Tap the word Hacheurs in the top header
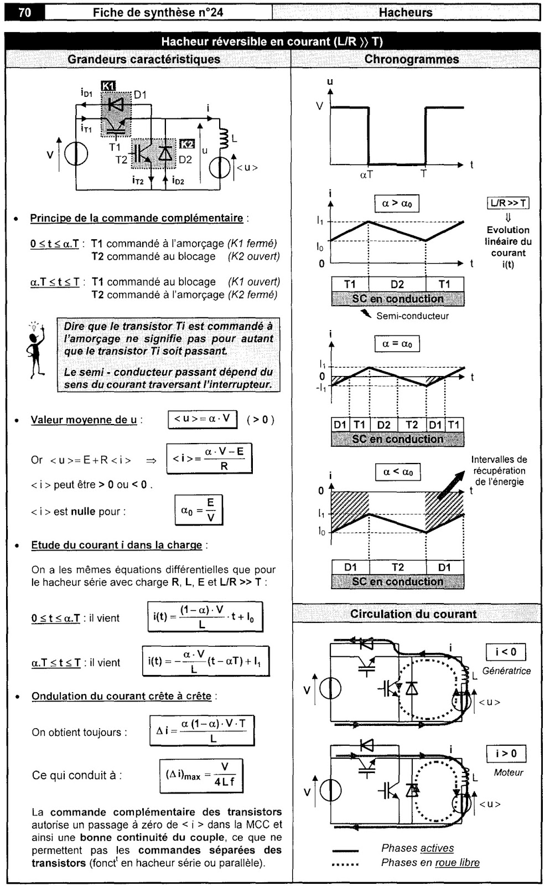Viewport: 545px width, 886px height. (406, 13)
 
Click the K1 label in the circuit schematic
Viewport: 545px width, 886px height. (108, 85)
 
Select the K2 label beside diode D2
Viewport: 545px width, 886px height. (187, 144)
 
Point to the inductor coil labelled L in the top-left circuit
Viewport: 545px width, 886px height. (224, 138)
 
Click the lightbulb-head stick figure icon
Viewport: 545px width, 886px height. (36, 349)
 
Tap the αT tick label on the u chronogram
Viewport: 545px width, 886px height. (366, 174)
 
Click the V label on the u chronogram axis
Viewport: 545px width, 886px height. (319, 106)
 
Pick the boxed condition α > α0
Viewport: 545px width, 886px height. (397, 203)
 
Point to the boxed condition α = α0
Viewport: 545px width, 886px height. (397, 343)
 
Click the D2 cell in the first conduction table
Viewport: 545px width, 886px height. (397, 284)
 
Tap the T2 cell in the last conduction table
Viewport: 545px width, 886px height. (397, 567)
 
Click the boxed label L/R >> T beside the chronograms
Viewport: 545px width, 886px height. (508, 203)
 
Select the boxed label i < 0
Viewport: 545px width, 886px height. (506, 652)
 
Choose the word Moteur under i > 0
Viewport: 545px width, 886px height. (508, 772)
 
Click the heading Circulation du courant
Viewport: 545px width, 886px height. (413, 614)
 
